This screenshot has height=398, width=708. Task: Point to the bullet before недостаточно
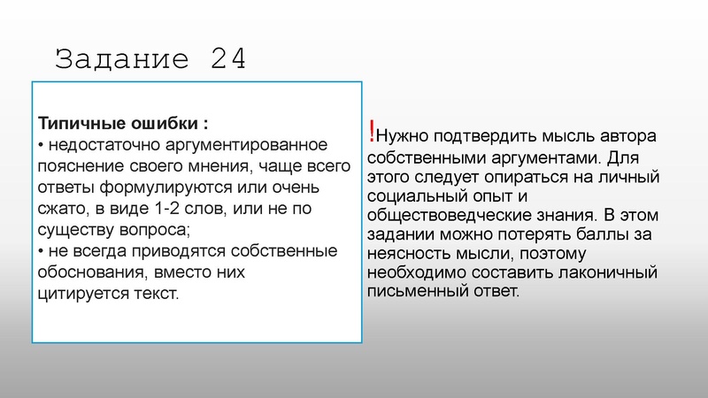point(42,144)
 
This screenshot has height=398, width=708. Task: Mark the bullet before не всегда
point(42,251)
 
